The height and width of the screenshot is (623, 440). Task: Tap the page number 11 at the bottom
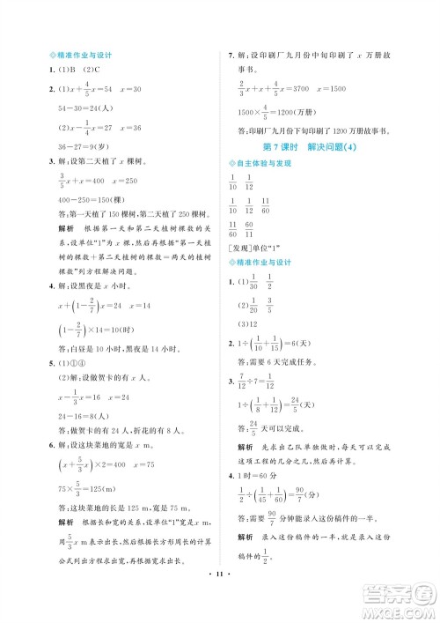click(x=219, y=584)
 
